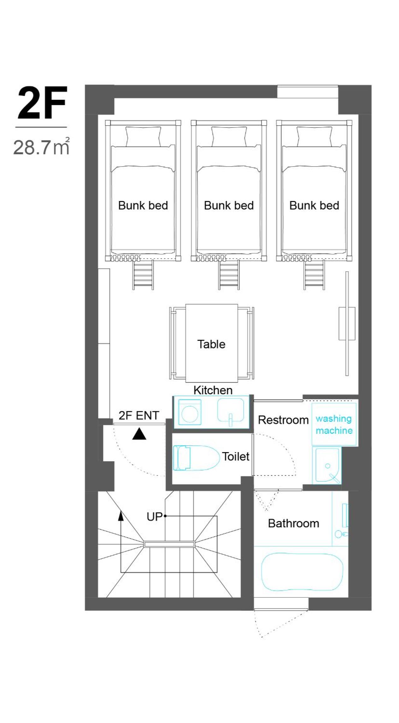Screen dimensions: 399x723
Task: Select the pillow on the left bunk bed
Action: click(x=144, y=137)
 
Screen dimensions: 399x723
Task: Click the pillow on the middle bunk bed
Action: click(x=229, y=137)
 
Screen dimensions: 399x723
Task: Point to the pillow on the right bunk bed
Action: click(x=314, y=137)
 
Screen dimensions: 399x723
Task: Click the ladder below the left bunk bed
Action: click(x=143, y=275)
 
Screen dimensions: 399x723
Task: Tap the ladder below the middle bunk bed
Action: click(x=229, y=275)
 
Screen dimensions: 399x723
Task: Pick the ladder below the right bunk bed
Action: click(x=314, y=275)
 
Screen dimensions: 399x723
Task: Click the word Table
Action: click(x=211, y=344)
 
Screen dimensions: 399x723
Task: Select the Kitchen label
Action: click(x=213, y=390)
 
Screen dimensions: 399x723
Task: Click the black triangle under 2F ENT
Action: click(x=139, y=434)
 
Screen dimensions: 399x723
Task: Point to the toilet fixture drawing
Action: click(x=196, y=458)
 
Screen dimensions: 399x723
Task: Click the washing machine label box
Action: click(x=334, y=424)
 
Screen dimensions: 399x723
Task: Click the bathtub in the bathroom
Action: click(x=302, y=572)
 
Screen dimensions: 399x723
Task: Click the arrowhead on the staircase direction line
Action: click(x=120, y=516)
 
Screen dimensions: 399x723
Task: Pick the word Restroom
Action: click(x=283, y=420)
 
